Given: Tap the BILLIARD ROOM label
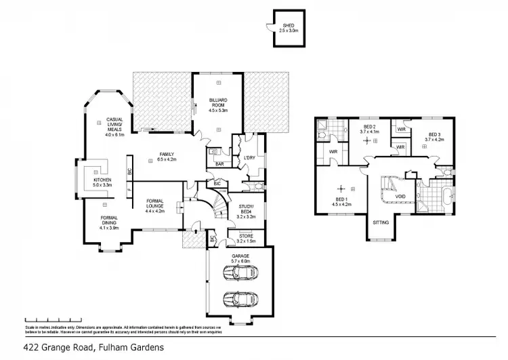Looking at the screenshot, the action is coord(217,105).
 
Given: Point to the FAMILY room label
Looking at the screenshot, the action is coord(166,157).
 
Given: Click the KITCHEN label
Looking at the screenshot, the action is coord(93,182).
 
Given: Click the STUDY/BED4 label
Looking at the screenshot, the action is coord(247,211).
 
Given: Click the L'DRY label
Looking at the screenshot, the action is coord(248,159).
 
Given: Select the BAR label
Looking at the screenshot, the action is coord(219,163).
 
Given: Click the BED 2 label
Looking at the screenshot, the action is coord(371,129).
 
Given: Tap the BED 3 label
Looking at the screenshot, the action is coord(434,136).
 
